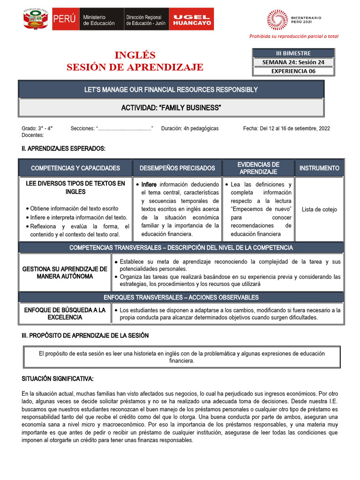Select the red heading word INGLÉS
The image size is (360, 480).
point(135,55)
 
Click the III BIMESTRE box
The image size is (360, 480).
point(293,53)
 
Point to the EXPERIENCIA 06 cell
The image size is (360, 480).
point(293,71)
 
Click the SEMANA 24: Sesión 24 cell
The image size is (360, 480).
point(293,62)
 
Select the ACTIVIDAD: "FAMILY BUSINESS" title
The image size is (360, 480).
point(171,108)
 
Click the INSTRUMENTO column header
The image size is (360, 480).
point(319,168)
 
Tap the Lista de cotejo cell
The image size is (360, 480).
point(319,210)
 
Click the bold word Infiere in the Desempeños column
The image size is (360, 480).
point(150,184)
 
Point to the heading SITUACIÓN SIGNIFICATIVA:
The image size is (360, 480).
point(58,378)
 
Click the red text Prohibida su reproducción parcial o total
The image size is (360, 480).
point(293,36)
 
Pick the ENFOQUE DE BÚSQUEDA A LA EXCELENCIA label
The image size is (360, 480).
point(65,314)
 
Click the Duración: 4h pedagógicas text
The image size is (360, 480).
point(189,128)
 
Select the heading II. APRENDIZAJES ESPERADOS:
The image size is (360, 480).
point(64,149)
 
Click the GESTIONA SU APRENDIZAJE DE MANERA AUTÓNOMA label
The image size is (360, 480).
point(65,272)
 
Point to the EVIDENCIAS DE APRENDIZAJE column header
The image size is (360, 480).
point(258,168)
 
